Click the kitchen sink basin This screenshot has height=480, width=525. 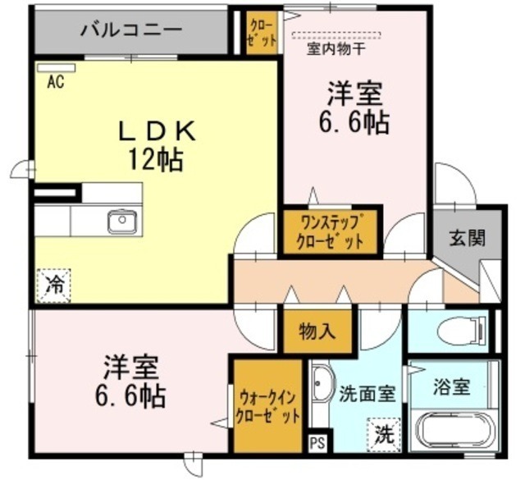pyautogui.click(x=122, y=220)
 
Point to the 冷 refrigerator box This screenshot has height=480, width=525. pyautogui.click(x=53, y=285)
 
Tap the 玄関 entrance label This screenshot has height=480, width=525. pyautogui.click(x=465, y=238)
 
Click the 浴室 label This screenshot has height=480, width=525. pyautogui.click(x=452, y=385)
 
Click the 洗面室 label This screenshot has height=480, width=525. pyautogui.click(x=367, y=393)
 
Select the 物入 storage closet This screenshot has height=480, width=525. pyautogui.click(x=317, y=330)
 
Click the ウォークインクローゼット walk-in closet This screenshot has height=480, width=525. pyautogui.click(x=267, y=405)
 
